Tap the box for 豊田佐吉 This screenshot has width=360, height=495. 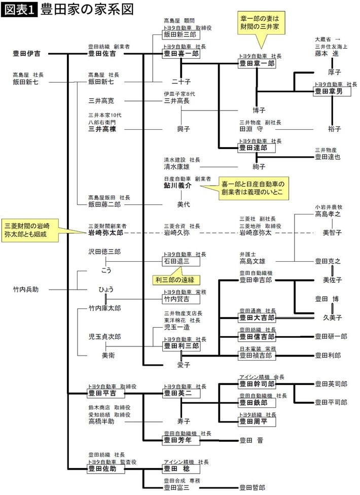pos(102,53)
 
